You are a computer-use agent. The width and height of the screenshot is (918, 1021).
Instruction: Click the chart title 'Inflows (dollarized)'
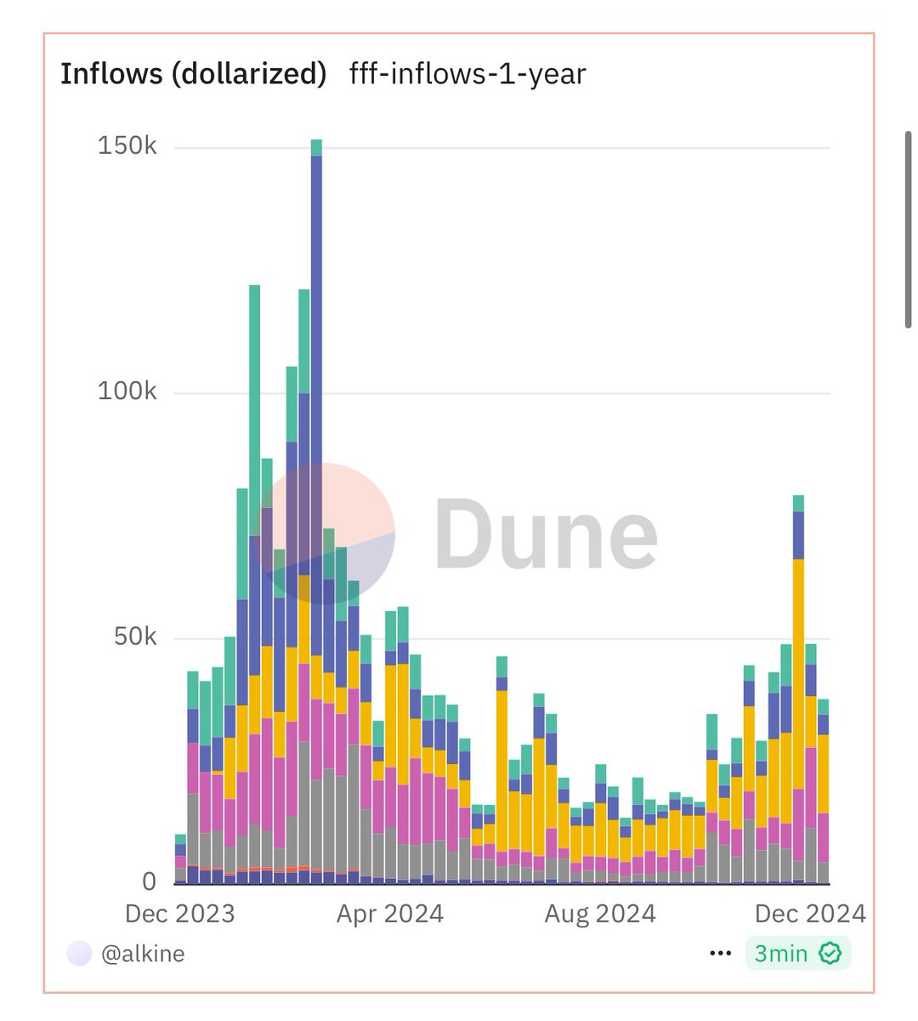click(x=193, y=74)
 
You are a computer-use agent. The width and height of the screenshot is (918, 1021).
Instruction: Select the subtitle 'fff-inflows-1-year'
click(x=467, y=74)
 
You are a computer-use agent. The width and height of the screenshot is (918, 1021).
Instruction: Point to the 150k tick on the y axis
click(x=127, y=145)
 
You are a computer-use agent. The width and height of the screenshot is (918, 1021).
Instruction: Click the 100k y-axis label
click(x=127, y=391)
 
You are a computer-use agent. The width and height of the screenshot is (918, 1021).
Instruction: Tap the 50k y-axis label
click(x=135, y=636)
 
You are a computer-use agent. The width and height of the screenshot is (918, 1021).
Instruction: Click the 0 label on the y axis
click(x=149, y=881)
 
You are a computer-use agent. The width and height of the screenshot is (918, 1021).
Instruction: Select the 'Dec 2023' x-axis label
click(x=179, y=914)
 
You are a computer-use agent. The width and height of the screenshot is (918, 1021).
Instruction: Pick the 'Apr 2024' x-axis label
click(x=390, y=914)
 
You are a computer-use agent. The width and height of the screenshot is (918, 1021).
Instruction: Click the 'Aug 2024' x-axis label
click(x=600, y=914)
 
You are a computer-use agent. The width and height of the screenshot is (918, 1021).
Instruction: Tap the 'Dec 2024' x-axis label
click(x=810, y=914)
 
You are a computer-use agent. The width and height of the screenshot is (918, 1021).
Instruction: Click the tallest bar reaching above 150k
click(x=316, y=510)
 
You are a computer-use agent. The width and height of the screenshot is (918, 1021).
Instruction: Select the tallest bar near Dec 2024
click(x=798, y=689)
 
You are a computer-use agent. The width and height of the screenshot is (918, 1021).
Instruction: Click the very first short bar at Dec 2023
click(x=180, y=859)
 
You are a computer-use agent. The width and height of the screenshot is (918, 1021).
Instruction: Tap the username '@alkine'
click(x=143, y=954)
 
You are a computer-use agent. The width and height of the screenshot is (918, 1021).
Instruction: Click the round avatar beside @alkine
click(x=79, y=954)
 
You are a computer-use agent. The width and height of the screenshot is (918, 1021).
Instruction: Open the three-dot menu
click(x=720, y=954)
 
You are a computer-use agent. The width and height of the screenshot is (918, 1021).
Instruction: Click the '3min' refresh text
click(x=780, y=954)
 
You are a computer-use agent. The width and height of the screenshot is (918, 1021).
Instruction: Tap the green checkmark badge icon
click(x=830, y=954)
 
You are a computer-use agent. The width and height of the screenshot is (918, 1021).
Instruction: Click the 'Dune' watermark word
click(x=546, y=534)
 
